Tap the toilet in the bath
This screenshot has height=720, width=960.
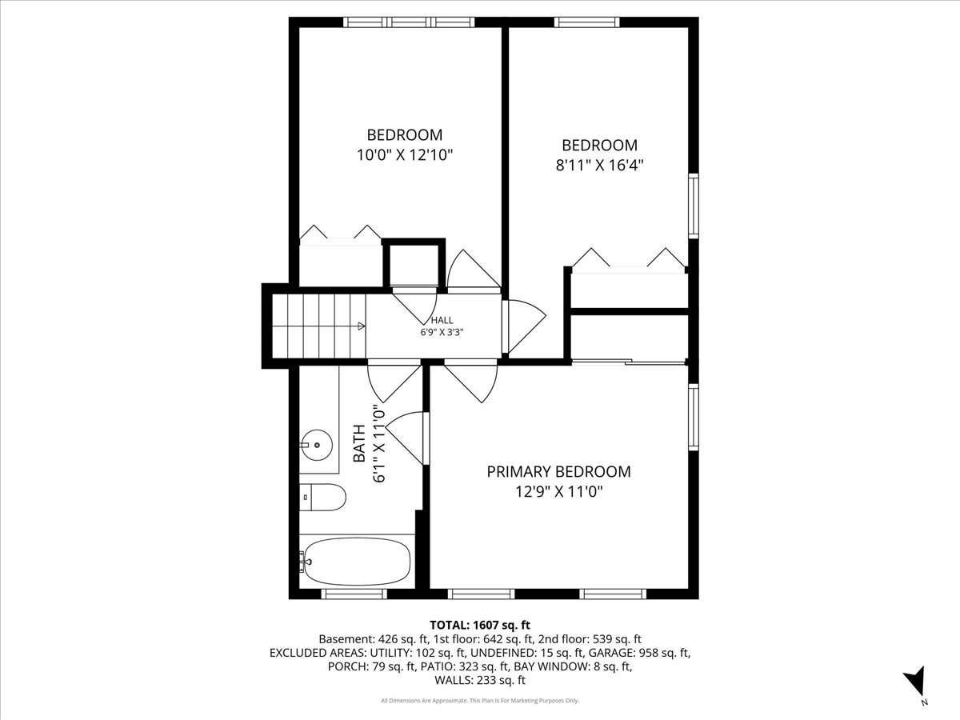pos(323,498)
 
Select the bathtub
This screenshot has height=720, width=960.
pos(356,561)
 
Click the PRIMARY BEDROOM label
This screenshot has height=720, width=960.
pos(558,472)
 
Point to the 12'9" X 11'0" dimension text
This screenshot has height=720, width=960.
pos(558,491)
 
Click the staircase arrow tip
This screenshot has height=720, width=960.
pos(363,326)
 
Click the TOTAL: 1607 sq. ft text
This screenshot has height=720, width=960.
pos(480,625)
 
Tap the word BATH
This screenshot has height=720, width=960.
pos(359,444)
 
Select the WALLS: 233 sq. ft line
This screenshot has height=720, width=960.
pos(480,681)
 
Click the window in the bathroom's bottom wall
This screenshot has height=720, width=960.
pos(354,594)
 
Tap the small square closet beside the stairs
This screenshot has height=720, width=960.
pos(413,263)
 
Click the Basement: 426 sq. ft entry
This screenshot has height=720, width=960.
pos(372,639)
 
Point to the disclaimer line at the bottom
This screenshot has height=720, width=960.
pos(480,701)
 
